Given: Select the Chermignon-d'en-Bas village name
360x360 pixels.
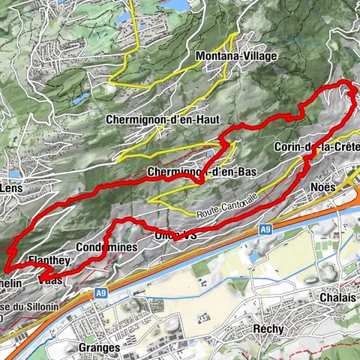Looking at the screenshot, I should tap(202, 172).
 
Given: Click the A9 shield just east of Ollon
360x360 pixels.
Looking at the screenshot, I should tap(266, 229).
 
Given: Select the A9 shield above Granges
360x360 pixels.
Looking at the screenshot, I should tap(101, 295).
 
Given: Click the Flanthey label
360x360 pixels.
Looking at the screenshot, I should tap(49, 260).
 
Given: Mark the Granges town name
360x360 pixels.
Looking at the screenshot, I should tap(98, 348).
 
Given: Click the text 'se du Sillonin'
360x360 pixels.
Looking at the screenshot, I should tap(22, 307).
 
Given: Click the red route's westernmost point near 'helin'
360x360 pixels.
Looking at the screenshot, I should tap(4, 268).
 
